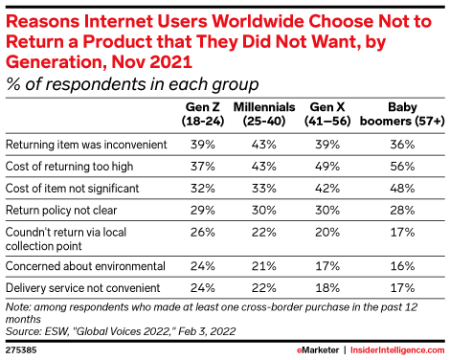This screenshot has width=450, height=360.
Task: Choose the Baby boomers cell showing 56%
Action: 402,166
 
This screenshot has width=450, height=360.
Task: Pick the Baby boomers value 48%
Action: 402,188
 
